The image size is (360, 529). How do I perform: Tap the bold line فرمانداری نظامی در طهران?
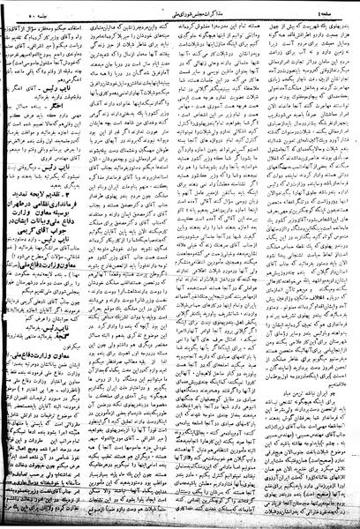click(62, 170)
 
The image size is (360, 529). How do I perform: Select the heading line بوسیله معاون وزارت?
click(62, 178)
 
